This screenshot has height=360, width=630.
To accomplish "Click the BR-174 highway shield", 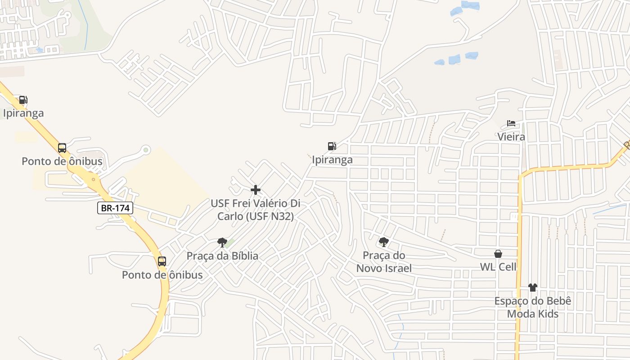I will pyautogui.click(x=115, y=208).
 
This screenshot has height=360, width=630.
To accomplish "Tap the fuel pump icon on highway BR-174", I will pyautogui.click(x=23, y=100).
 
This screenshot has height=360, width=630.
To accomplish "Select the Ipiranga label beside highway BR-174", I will pyautogui.click(x=23, y=113).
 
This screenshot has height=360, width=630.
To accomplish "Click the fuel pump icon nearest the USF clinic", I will pyautogui.click(x=332, y=146).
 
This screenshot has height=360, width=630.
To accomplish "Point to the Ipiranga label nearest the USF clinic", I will pyautogui.click(x=332, y=160).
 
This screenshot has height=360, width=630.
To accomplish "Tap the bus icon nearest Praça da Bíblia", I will pyautogui.click(x=162, y=261).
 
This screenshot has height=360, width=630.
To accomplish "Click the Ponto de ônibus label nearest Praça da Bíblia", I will pyautogui.click(x=162, y=274).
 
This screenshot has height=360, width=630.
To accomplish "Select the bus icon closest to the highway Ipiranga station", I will pyautogui.click(x=62, y=148).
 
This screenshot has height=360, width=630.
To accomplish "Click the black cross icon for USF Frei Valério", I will pyautogui.click(x=256, y=190).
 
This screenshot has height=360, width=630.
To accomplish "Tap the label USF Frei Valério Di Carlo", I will pyautogui.click(x=256, y=210).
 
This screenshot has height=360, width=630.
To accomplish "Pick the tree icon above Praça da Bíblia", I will pyautogui.click(x=222, y=243).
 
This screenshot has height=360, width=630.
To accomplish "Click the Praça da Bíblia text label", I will pyautogui.click(x=222, y=256).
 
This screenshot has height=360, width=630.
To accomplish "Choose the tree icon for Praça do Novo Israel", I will pyautogui.click(x=383, y=242).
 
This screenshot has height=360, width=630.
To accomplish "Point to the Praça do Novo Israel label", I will pyautogui.click(x=384, y=262).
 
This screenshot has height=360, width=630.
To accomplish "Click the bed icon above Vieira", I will pyautogui.click(x=511, y=123).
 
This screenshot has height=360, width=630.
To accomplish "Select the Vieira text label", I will pyautogui.click(x=511, y=136).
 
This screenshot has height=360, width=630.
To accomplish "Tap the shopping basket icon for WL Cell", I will pyautogui.click(x=498, y=254).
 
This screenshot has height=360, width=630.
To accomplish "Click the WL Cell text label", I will pyautogui.click(x=498, y=267).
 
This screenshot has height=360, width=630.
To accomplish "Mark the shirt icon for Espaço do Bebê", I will pyautogui.click(x=533, y=287).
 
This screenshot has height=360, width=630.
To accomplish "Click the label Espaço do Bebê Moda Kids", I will pyautogui.click(x=533, y=307).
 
